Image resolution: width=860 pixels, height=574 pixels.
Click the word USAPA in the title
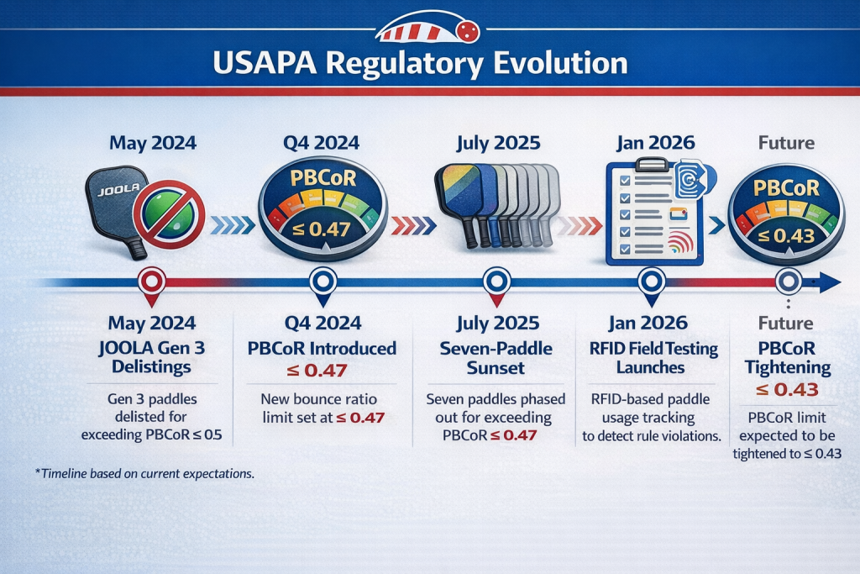(265, 62)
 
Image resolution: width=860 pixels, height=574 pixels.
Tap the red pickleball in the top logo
(467, 31)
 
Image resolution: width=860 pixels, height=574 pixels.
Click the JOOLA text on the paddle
(118, 189)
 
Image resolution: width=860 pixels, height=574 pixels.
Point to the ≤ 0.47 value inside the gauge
(322, 229)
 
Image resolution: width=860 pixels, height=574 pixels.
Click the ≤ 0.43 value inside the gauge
(786, 236)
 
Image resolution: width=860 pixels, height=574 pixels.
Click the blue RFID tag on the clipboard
(693, 178)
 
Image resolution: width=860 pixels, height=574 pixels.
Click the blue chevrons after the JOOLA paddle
(232, 225)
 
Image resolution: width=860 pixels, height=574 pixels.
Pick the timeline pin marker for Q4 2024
(323, 285)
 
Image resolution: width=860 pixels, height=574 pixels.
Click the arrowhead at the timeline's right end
(829, 282)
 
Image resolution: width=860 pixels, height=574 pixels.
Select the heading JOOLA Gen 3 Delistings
(152, 356)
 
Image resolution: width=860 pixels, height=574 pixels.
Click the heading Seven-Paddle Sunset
(496, 358)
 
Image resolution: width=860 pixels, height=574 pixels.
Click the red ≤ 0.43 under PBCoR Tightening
(787, 390)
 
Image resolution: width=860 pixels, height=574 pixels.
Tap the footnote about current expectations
(144, 474)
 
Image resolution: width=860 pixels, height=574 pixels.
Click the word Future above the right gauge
(786, 143)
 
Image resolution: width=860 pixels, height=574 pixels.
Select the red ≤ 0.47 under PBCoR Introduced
(317, 371)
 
